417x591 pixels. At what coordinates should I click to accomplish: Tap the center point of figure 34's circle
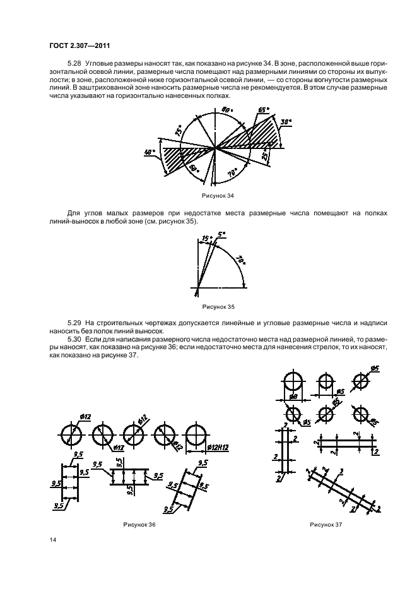pos(216,148)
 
